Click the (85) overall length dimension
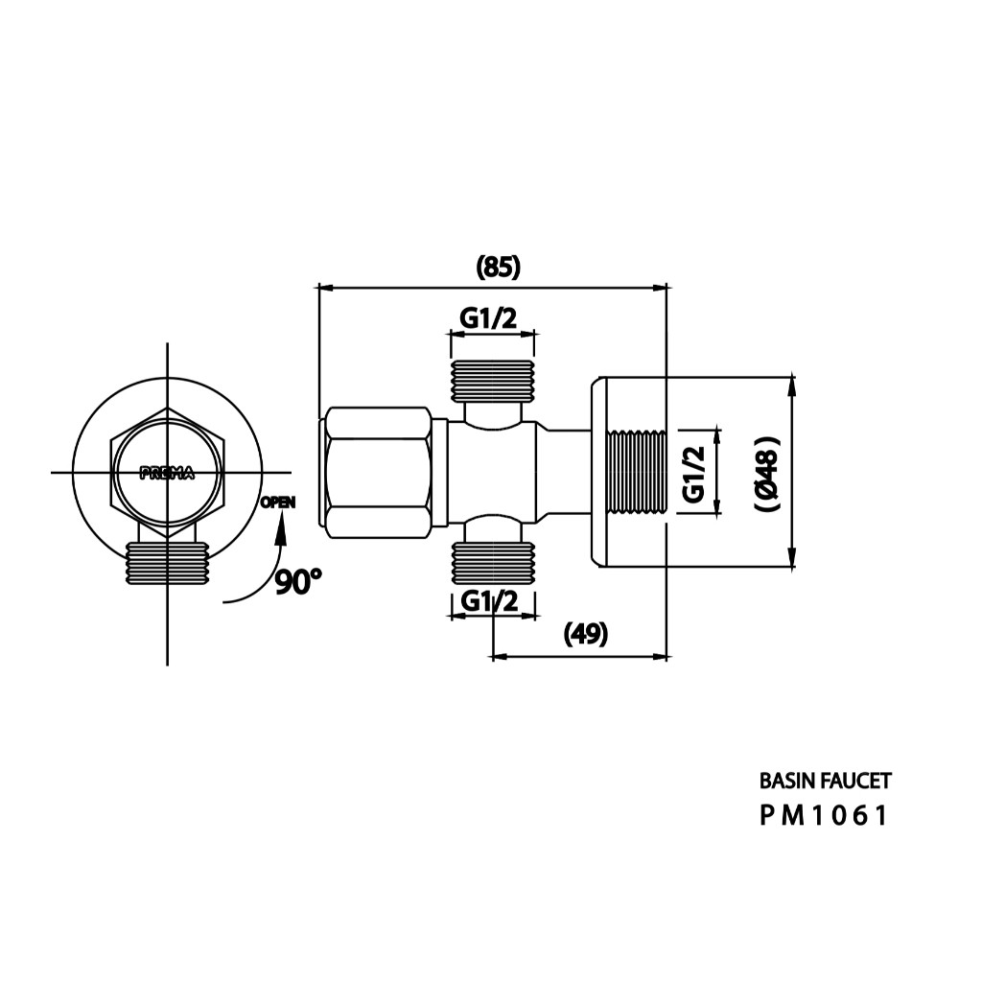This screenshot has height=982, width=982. [x=499, y=268]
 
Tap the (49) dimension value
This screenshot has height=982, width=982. [x=586, y=635]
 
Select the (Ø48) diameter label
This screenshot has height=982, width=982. [x=767, y=474]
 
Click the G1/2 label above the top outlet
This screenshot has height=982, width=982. [x=488, y=318]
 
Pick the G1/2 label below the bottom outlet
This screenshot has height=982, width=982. [x=490, y=601]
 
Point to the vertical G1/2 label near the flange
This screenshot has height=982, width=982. [x=694, y=474]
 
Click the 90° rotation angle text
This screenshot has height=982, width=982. [x=298, y=582]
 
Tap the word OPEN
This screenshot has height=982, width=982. [x=278, y=503]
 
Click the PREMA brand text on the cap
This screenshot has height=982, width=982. [x=167, y=474]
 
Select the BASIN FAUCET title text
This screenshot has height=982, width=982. [x=825, y=781]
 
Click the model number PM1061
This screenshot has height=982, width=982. [x=824, y=815]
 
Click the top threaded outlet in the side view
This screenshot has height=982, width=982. [x=493, y=380]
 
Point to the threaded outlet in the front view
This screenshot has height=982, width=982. [x=167, y=564]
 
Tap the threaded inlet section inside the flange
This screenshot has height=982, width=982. [x=637, y=473]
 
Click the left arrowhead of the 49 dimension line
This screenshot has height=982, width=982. [x=499, y=657]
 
